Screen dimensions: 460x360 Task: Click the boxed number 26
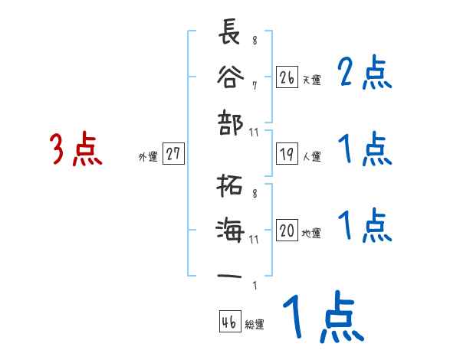tap(287, 78)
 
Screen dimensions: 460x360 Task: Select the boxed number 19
tap(287, 155)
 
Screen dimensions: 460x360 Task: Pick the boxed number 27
tap(173, 155)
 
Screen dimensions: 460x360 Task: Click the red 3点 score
tap(76, 149)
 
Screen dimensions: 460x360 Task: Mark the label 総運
tap(255, 325)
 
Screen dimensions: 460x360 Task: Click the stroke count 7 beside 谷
tap(254, 85)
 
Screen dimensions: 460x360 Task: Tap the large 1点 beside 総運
tap(322, 319)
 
